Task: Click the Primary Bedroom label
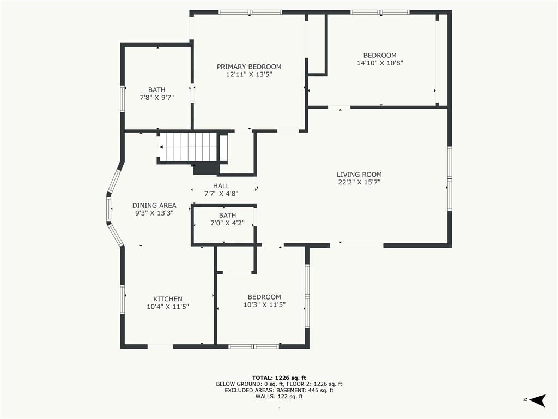point(249,67)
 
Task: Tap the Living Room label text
point(359,174)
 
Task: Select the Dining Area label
point(154,205)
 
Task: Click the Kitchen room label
point(168,299)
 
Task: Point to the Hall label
point(221,185)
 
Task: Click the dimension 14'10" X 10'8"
point(380,63)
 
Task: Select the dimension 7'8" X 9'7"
point(156,97)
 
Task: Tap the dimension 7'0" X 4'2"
point(227,223)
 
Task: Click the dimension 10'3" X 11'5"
point(264,304)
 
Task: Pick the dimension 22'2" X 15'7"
point(359,182)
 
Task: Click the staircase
point(188,147)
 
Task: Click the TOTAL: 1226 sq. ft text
point(279,378)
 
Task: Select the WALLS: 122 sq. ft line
point(279,396)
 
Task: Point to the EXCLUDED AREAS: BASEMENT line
point(279,390)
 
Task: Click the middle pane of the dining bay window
point(109,209)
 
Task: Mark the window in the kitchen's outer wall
point(123,299)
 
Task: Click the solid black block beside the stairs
point(205,169)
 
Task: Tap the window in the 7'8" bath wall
point(123,99)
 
